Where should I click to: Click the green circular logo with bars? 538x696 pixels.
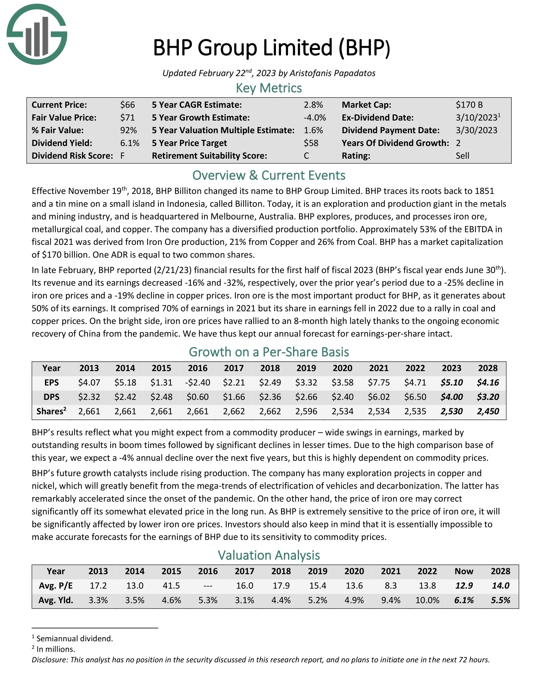[x=37, y=34]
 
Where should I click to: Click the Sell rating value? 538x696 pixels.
[x=462, y=156]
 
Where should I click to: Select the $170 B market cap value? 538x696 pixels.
[x=469, y=105]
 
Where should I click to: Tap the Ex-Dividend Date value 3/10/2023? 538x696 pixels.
[x=476, y=118]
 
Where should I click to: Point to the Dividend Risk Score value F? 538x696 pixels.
[x=122, y=156]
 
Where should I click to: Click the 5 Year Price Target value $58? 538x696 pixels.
[x=311, y=143]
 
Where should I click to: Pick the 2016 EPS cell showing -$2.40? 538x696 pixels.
[x=197, y=382]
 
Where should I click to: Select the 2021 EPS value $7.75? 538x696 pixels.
[x=378, y=382]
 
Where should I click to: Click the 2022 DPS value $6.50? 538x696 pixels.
[x=415, y=397]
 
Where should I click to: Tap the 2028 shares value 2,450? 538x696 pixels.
[x=488, y=411]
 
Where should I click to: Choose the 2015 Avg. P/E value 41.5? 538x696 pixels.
[x=171, y=586]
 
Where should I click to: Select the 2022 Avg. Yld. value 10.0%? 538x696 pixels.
[x=427, y=600]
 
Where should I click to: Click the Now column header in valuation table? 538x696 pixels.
[x=464, y=571]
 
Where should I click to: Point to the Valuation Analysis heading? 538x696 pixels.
[x=269, y=555]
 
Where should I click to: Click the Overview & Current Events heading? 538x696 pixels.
[x=269, y=175]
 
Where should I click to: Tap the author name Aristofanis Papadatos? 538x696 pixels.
[x=332, y=73]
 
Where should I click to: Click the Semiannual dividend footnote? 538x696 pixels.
[x=74, y=639]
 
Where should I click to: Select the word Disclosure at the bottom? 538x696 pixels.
[x=49, y=660]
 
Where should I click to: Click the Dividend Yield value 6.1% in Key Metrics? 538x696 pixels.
[x=129, y=143]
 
